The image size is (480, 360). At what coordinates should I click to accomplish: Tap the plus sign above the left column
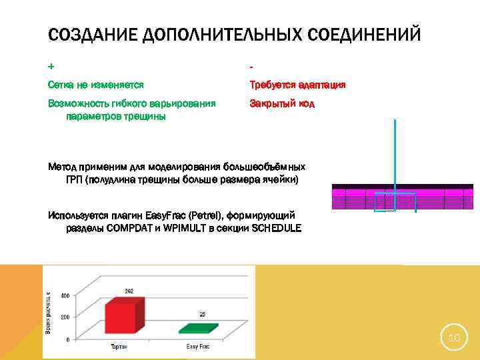(51, 67)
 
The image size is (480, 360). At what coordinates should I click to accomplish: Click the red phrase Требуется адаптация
(297, 85)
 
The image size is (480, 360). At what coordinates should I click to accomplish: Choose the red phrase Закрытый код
(282, 104)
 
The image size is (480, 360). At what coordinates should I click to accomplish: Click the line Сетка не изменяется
(96, 85)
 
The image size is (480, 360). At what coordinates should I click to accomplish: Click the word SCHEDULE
(270, 228)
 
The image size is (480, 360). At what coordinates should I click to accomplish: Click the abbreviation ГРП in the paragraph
(75, 180)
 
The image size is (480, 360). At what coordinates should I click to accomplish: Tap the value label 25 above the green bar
(203, 313)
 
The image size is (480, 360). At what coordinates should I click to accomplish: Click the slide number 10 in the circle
(454, 339)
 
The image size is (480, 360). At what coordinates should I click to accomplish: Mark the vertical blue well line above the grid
(395, 153)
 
